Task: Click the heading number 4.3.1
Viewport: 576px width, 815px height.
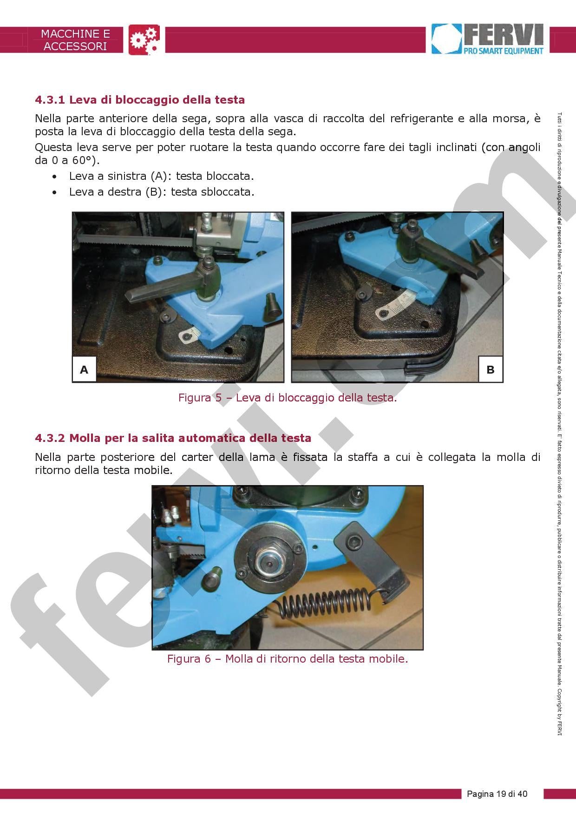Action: [x=50, y=100]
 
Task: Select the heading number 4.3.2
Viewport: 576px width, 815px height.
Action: [x=50, y=438]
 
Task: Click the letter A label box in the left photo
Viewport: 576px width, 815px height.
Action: [x=84, y=370]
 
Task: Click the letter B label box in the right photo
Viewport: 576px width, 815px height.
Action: [x=490, y=370]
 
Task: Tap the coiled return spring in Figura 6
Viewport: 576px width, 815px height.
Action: [x=325, y=604]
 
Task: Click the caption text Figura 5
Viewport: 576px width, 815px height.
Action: [x=288, y=398]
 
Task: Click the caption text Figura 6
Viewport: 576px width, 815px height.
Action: [x=288, y=659]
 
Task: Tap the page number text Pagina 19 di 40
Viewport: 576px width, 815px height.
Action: [x=497, y=794]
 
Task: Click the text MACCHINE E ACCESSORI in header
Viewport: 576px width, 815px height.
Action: [x=75, y=40]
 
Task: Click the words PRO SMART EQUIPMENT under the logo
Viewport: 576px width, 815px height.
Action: [x=503, y=51]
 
